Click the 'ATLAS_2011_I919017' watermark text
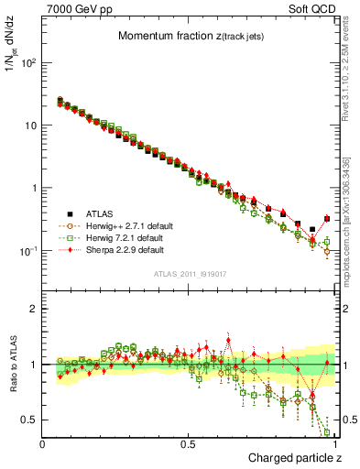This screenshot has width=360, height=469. (x=190, y=274)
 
